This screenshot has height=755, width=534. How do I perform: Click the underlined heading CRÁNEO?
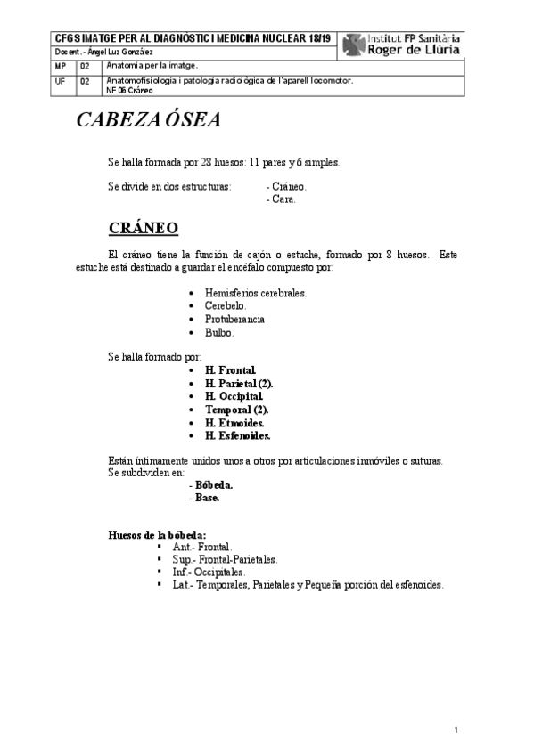[144, 227]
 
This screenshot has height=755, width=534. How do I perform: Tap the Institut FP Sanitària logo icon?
[354, 44]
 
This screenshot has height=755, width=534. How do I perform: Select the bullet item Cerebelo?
[226, 305]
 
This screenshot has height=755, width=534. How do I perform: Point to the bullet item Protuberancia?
[236, 319]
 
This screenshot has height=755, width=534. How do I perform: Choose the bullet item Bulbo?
[219, 333]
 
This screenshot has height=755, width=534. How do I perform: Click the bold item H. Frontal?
[230, 369]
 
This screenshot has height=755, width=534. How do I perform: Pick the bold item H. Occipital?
[234, 395]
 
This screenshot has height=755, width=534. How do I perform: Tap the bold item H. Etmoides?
[234, 423]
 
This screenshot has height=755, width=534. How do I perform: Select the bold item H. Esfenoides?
[238, 436]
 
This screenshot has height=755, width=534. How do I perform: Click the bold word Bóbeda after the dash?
[214, 484]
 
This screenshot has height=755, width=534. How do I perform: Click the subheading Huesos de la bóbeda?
[157, 534]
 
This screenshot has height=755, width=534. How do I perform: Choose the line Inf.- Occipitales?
[209, 572]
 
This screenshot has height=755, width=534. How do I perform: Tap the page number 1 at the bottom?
[456, 730]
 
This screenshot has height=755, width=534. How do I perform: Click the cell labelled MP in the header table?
[61, 67]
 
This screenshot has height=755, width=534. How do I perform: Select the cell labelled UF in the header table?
[61, 81]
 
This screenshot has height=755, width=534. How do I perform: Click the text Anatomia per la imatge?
[152, 67]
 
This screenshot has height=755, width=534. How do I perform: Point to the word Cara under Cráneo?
[285, 199]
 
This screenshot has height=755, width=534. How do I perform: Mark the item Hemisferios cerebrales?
[255, 292]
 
